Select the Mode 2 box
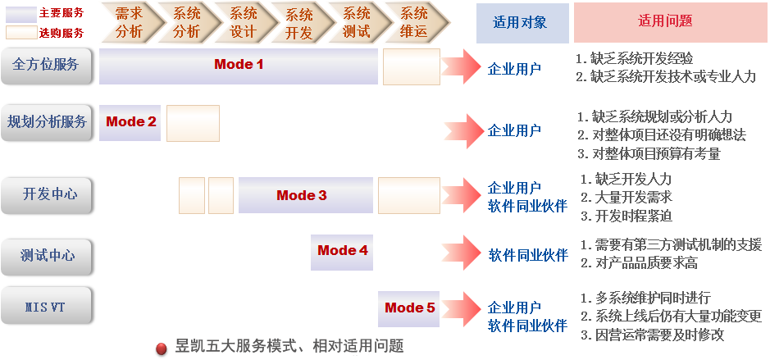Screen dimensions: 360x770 (130, 122)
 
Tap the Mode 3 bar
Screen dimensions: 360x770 (302, 195)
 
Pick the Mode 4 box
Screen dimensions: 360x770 (342, 251)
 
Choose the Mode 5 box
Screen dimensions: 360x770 (409, 308)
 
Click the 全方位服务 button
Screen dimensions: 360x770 (46, 65)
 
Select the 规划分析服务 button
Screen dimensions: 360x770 (46, 122)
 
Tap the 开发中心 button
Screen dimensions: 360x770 (46, 195)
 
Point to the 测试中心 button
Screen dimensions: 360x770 (46, 256)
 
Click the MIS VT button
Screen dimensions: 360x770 (46, 308)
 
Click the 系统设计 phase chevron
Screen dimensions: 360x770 (243, 23)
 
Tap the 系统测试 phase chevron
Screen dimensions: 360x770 (356, 23)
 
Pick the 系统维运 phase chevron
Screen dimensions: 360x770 (412, 23)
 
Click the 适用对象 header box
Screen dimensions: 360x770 (522, 23)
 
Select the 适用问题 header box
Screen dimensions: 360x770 (670, 22)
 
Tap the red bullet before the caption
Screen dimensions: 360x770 (161, 346)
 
